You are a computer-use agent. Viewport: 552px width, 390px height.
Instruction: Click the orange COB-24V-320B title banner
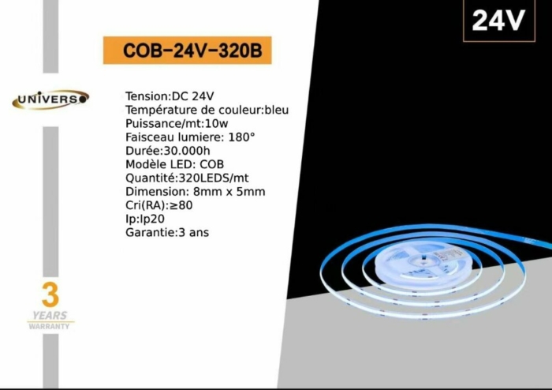point(188,51)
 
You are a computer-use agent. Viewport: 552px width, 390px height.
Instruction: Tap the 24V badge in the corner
point(499,21)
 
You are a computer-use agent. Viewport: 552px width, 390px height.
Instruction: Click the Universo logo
point(50,99)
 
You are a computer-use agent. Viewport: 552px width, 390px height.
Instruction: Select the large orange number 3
point(50,295)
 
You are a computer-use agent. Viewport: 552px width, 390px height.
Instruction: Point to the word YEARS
point(50,315)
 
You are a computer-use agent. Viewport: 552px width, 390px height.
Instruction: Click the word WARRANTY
point(49,326)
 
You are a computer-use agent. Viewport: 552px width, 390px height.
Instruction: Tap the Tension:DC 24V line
point(170,96)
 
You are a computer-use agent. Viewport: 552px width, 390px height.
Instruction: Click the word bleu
point(277,110)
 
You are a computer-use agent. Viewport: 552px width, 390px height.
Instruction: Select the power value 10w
point(217,124)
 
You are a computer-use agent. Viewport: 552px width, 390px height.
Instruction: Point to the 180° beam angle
point(241,137)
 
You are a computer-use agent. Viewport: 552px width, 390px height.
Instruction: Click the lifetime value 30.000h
point(187,151)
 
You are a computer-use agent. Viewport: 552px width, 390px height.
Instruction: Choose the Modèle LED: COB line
point(174,164)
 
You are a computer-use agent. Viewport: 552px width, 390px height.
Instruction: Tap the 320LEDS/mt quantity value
point(214,178)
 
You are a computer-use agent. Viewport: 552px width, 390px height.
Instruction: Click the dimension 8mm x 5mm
point(229,192)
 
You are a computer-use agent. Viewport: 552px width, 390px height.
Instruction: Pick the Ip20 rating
point(152,219)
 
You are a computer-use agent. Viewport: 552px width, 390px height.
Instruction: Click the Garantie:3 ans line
point(167,233)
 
